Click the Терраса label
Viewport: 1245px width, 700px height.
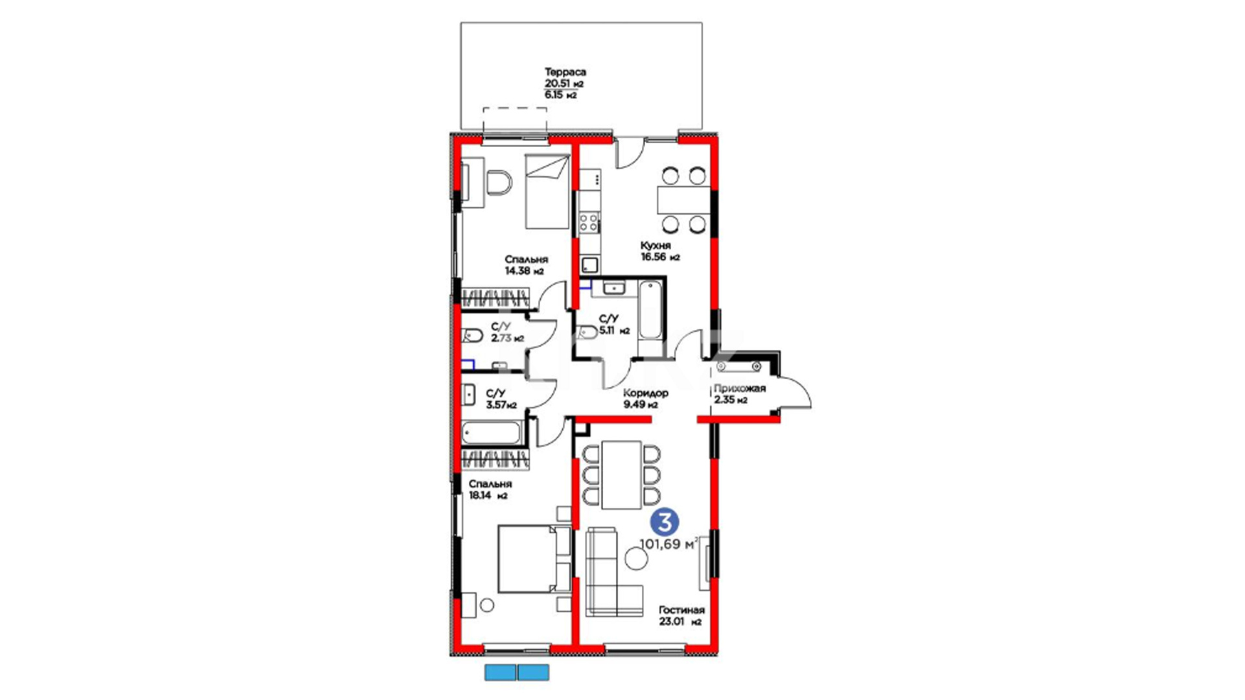click(x=565, y=72)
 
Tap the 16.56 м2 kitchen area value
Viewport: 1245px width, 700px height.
click(x=660, y=257)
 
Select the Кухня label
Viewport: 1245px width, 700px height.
click(x=655, y=246)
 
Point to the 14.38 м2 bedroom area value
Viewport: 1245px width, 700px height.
click(x=524, y=272)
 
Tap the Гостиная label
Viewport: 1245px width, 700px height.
click(x=682, y=610)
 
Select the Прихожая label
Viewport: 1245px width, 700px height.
click(x=739, y=388)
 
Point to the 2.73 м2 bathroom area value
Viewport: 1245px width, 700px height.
click(x=507, y=338)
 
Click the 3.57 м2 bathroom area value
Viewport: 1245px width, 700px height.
click(x=501, y=405)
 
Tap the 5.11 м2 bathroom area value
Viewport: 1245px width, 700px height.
click(x=615, y=331)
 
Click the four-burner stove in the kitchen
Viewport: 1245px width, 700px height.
click(x=589, y=223)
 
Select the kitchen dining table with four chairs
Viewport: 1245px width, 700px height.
click(x=683, y=200)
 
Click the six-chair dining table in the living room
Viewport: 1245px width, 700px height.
click(x=621, y=474)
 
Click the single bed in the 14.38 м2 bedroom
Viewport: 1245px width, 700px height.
click(x=547, y=191)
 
